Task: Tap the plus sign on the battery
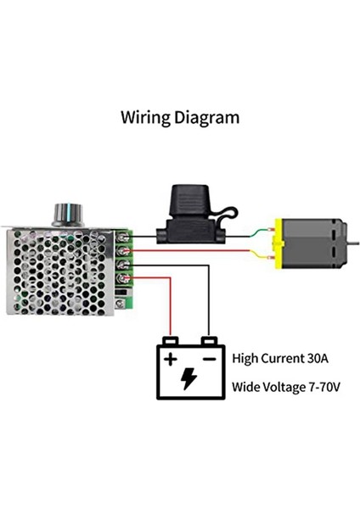click(x=171, y=359)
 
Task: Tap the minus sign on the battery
click(x=207, y=359)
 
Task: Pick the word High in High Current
click(x=246, y=359)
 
